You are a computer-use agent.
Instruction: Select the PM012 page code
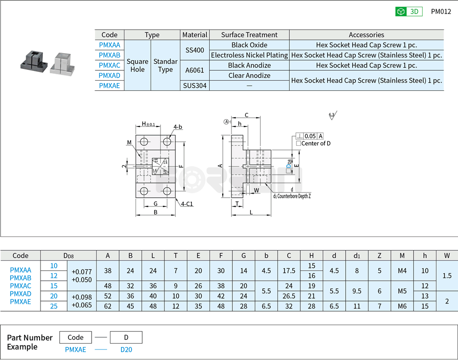pyautogui.click(x=441, y=12)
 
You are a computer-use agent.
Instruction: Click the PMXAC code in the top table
pyautogui.click(x=109, y=65)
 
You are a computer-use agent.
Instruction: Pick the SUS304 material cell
pyautogui.click(x=194, y=85)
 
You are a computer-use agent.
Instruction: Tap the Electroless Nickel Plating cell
pyautogui.click(x=249, y=55)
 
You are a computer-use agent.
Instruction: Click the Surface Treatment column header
pyautogui.click(x=249, y=35)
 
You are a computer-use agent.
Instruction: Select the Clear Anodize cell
pyautogui.click(x=249, y=75)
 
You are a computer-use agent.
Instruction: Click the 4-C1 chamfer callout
pyautogui.click(x=187, y=204)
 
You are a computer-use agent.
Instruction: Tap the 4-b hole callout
pyautogui.click(x=177, y=127)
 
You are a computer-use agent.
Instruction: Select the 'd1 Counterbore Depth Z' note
pyautogui.click(x=292, y=196)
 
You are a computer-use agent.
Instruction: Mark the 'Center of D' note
pyautogui.click(x=313, y=143)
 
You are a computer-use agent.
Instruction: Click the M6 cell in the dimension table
pyautogui.click(x=402, y=306)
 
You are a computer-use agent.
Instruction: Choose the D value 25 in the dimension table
pyautogui.click(x=54, y=306)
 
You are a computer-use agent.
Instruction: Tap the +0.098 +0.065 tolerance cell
pyautogui.click(x=81, y=301)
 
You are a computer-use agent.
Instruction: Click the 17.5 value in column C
pyautogui.click(x=289, y=271)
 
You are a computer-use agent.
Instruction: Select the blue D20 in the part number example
pyautogui.click(x=126, y=349)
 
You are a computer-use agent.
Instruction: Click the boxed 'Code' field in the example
pyautogui.click(x=75, y=337)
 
